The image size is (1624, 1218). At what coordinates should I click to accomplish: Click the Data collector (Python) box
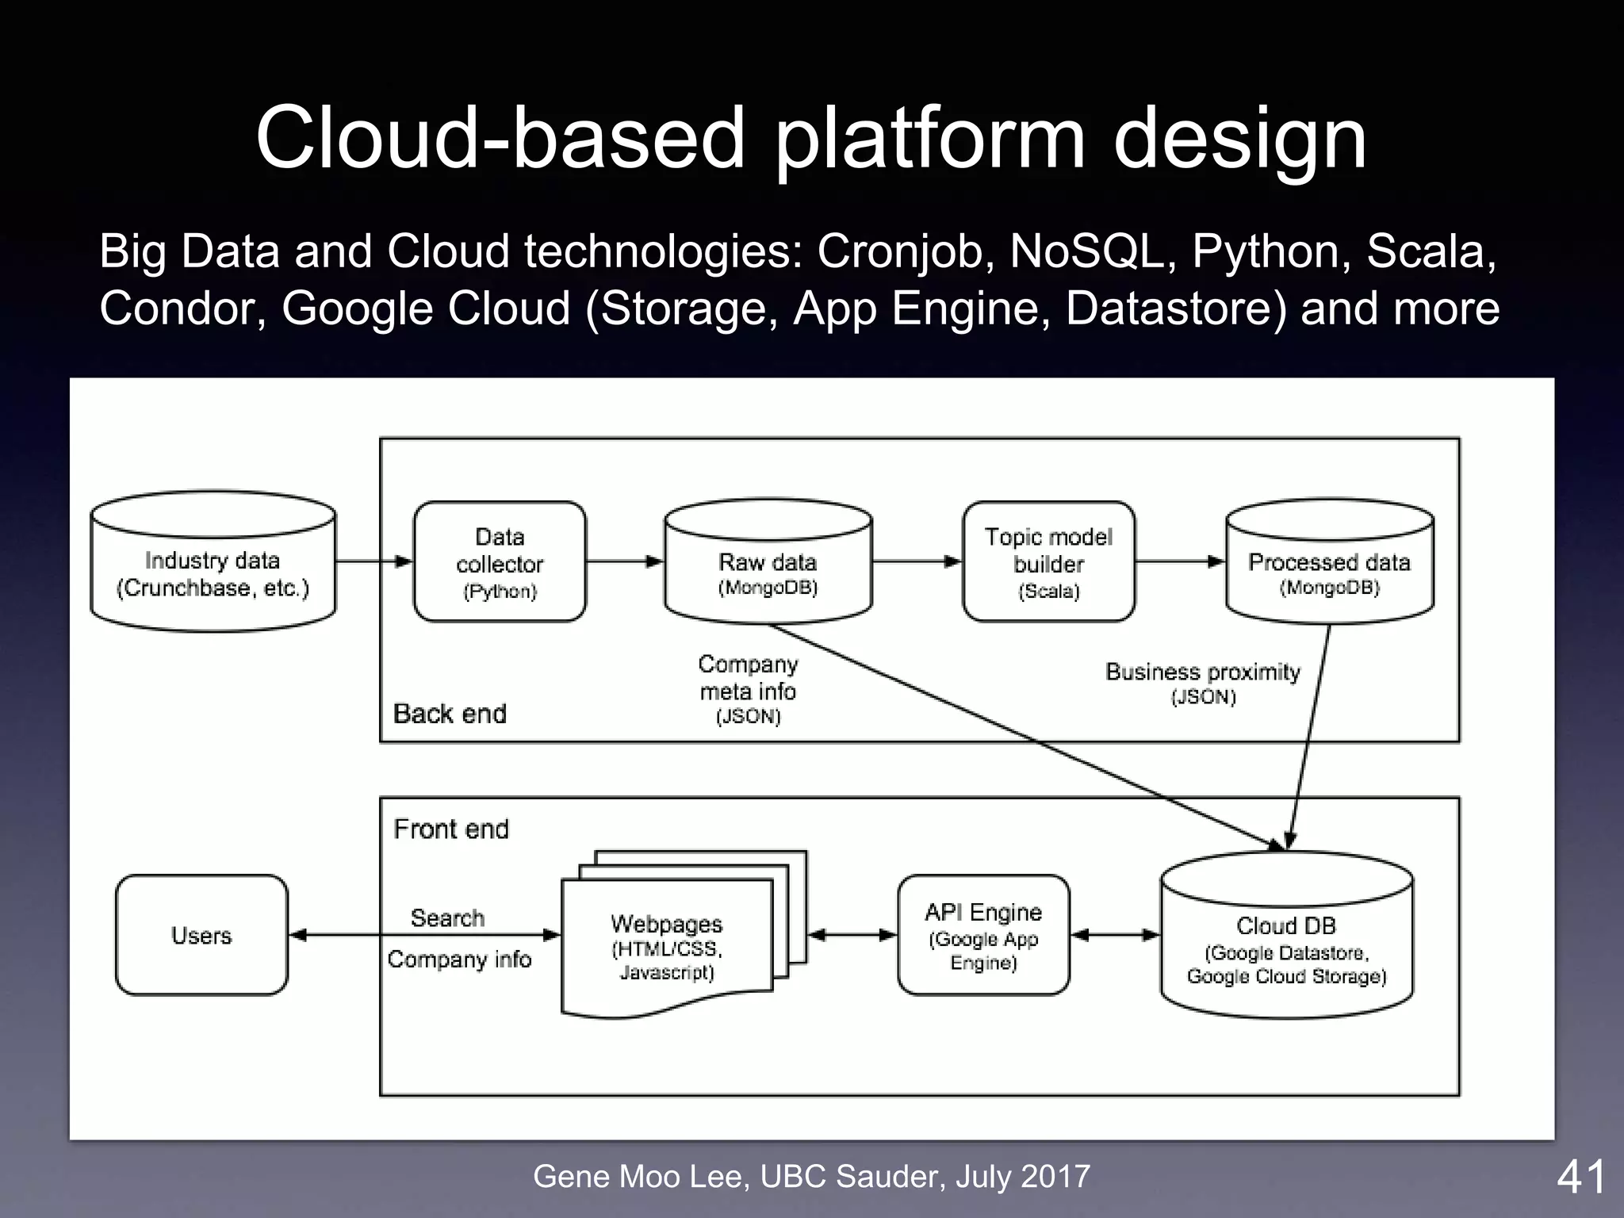(500, 561)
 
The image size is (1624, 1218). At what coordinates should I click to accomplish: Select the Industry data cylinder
(213, 563)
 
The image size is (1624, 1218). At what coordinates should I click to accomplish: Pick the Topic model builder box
(1048, 561)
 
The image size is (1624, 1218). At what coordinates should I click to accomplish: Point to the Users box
(201, 935)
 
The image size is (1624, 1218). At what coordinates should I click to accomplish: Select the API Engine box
(983, 935)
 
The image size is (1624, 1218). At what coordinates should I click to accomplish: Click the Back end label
(450, 714)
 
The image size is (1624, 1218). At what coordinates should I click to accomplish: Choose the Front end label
(450, 829)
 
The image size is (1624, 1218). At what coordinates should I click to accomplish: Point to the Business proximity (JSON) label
(1203, 682)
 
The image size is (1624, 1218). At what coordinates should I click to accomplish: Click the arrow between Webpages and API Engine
(852, 935)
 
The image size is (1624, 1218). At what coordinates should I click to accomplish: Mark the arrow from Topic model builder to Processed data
(1180, 561)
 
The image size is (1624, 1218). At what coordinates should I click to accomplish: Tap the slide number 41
(1580, 1177)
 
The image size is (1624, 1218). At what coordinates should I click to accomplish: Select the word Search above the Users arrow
(447, 917)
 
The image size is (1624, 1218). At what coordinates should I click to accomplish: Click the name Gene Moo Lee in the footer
(639, 1176)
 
